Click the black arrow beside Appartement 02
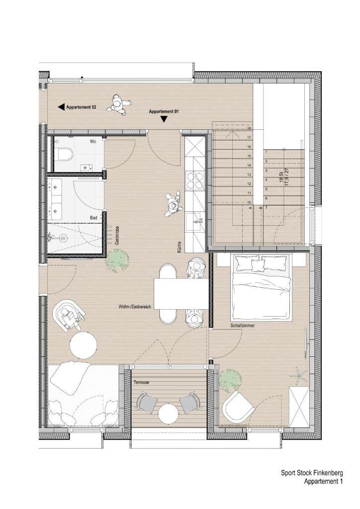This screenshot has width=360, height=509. click(x=61, y=107)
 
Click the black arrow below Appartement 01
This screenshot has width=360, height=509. click(x=164, y=119)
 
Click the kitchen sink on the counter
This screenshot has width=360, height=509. click(x=195, y=221)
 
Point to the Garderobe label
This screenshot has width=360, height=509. click(x=117, y=235)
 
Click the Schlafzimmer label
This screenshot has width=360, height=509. click(x=243, y=325)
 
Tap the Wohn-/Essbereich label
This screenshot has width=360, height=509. click(x=135, y=306)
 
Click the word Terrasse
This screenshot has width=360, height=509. click(x=141, y=382)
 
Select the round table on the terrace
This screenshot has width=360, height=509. click(x=168, y=413)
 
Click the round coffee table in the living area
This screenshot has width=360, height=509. click(x=84, y=345)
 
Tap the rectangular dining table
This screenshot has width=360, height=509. click(x=181, y=294)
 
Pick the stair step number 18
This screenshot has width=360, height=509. click(x=249, y=129)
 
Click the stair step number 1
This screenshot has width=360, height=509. click(x=266, y=152)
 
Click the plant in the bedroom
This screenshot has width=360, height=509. click(x=230, y=379)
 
